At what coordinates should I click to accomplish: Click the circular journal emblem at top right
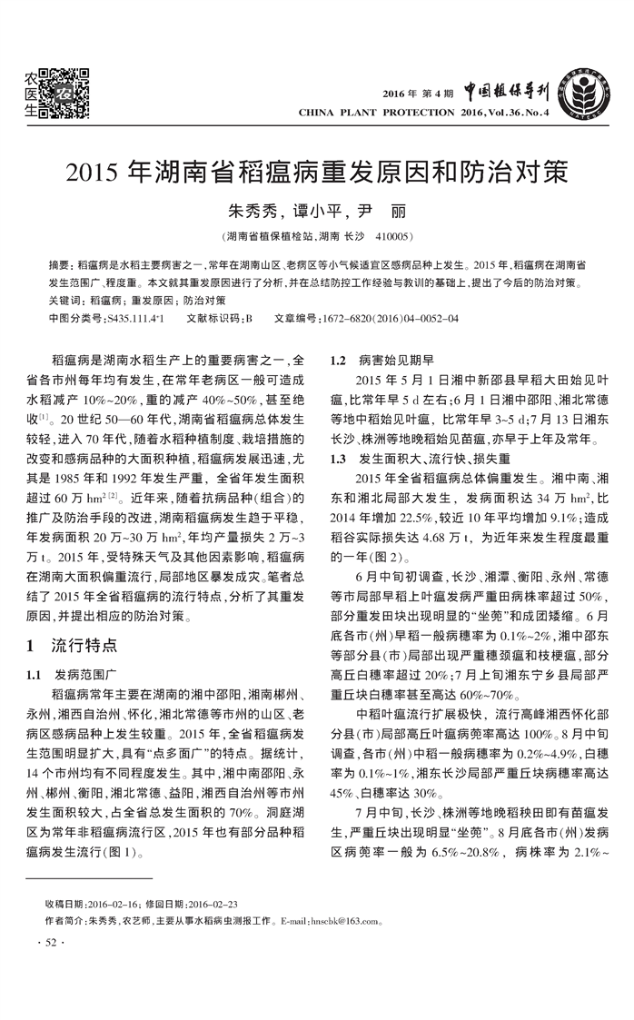click(585, 94)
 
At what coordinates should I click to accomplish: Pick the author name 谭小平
click(312, 212)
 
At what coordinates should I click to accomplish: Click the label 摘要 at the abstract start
click(58, 264)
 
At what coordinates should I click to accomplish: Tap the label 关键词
click(64, 299)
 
